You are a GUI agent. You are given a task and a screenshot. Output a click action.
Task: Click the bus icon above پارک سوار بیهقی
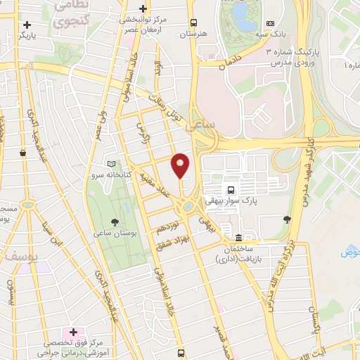[229, 189]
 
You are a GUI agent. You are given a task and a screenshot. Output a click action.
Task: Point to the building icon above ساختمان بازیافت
[239, 238]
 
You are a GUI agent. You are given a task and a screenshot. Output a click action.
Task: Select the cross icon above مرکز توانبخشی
[143, 9]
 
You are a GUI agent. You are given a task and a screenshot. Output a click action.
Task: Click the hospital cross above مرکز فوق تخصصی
[73, 331]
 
